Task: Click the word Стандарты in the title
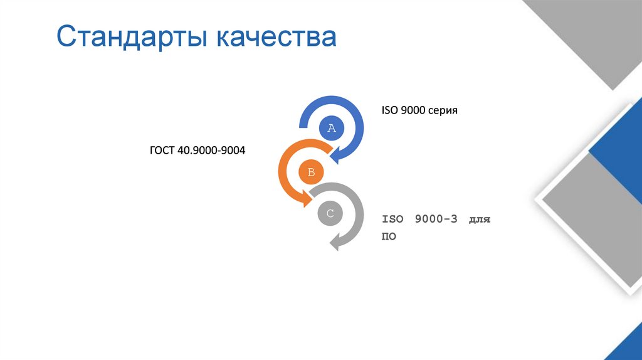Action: click(132, 37)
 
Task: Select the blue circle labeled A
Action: click(332, 129)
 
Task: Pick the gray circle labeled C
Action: click(330, 213)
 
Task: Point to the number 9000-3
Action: click(436, 220)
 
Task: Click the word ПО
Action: click(389, 237)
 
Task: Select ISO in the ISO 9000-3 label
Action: click(393, 220)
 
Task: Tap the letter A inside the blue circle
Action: click(332, 129)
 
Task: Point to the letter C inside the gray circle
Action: click(330, 213)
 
